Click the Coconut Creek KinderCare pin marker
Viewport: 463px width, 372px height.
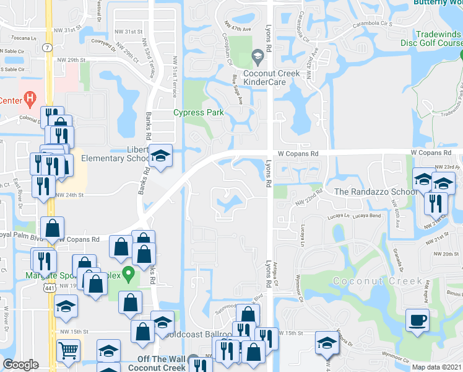click(257, 58)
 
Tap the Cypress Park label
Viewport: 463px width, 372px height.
click(198, 113)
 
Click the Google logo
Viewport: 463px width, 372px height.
click(20, 365)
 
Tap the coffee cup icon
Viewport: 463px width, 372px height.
click(417, 321)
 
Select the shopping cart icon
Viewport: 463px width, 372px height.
click(67, 350)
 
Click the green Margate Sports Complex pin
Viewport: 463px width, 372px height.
click(128, 273)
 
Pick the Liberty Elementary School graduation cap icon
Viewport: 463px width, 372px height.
click(160, 156)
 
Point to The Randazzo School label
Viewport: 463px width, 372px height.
click(376, 192)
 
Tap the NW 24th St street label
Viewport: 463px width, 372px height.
click(69, 195)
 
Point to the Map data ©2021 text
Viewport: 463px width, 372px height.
click(436, 367)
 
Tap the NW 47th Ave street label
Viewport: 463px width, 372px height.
click(238, 29)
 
